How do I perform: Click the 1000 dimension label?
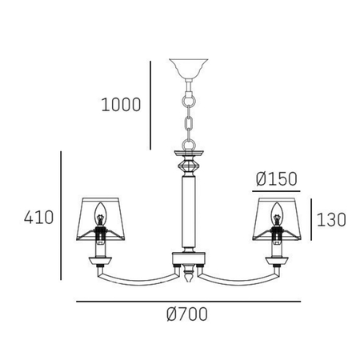tap(120, 104)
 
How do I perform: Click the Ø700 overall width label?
tap(189, 314)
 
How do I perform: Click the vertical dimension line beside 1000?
tap(150, 104)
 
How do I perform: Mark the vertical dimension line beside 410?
tap(62, 216)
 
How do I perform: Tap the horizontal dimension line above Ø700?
tap(189, 302)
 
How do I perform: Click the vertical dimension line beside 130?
tap(310, 218)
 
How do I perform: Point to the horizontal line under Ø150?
tap(275, 192)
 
